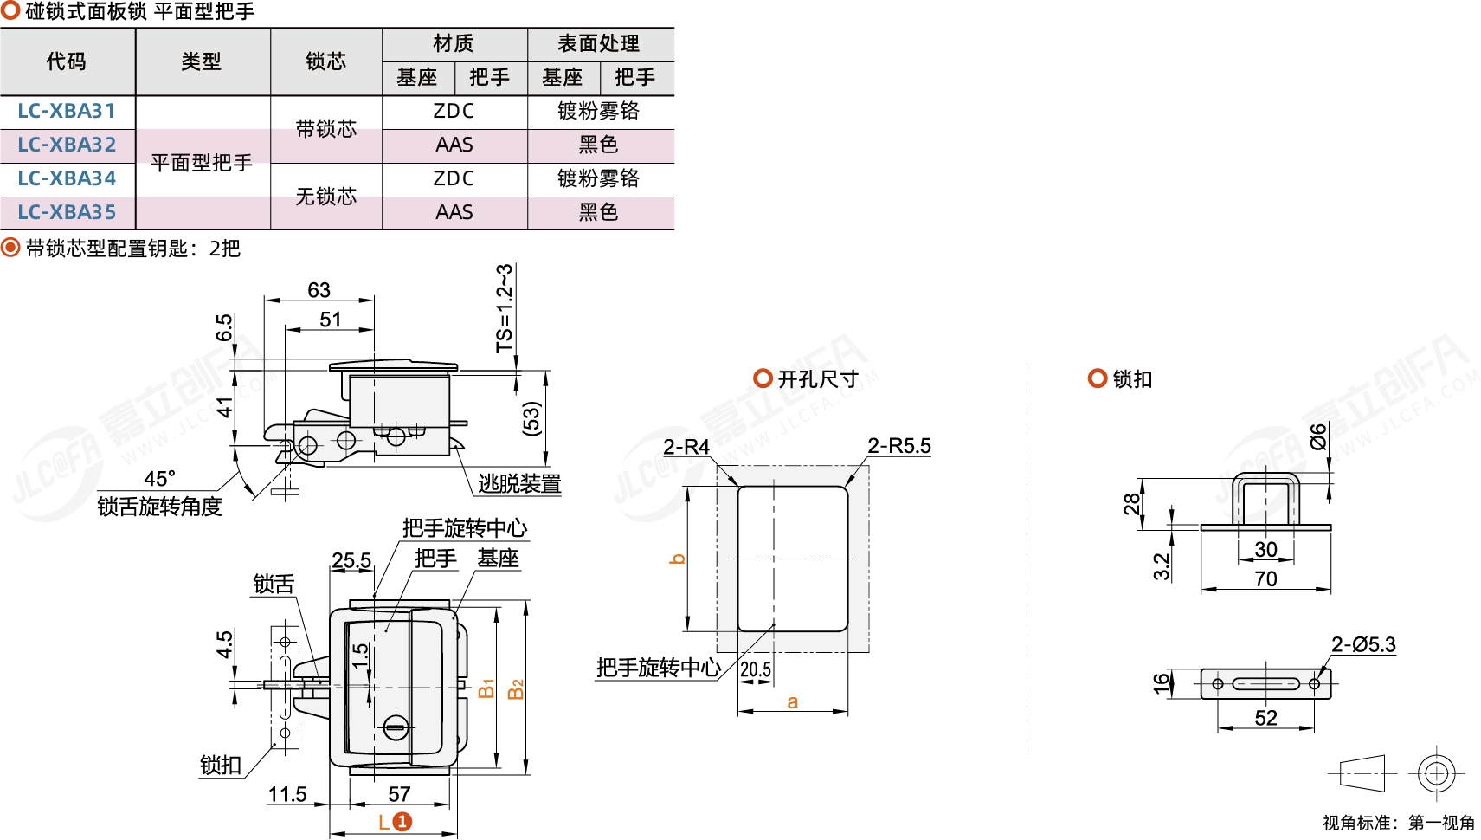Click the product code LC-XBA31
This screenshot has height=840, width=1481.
coord(67,111)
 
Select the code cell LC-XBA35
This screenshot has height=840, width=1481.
coord(67,212)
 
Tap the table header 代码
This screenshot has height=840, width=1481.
coord(67,61)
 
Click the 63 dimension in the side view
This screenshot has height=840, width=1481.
coord(319,290)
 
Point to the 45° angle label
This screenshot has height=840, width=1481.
coord(159,479)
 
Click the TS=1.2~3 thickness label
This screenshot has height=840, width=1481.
coord(505,308)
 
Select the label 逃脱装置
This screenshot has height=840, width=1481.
coord(519,483)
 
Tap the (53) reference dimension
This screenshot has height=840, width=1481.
coord(531,418)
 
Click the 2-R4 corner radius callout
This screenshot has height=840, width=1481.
coord(686,447)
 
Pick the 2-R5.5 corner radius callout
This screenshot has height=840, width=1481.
coord(898,446)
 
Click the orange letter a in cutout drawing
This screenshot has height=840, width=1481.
coord(793,702)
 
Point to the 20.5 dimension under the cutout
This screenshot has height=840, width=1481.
coord(756,669)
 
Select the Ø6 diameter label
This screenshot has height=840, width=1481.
coord(1318,436)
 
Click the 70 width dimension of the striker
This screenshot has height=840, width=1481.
coord(1265,578)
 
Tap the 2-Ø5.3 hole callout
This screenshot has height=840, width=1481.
coord(1363,644)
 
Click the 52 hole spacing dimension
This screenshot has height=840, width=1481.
coord(1265,718)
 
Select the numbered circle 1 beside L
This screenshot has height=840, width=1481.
coord(402,822)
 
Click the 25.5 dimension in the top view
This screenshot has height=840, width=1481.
coord(351,560)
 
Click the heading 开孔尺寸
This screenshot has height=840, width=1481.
coord(817,379)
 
